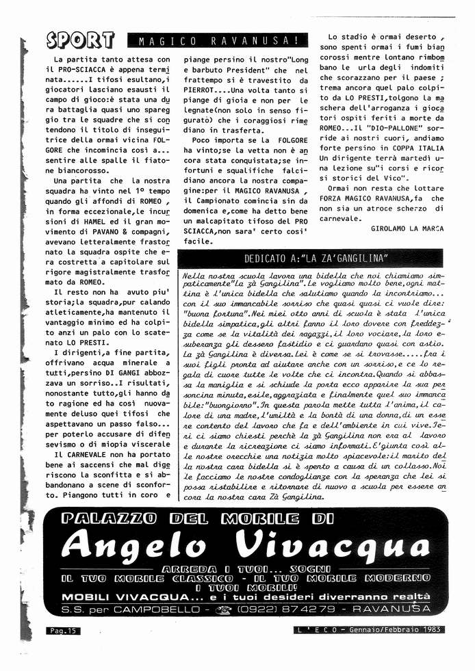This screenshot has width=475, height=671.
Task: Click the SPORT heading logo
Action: (x=80, y=41)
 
